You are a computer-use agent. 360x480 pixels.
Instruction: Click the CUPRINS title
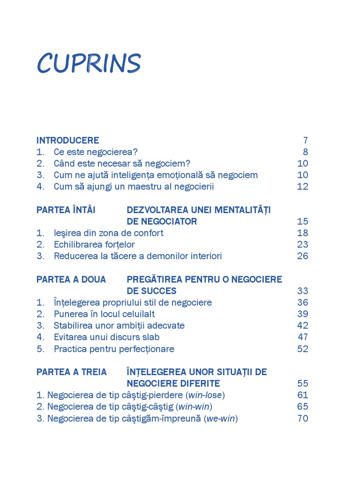click(89, 63)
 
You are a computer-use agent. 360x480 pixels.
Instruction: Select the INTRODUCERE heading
click(67, 140)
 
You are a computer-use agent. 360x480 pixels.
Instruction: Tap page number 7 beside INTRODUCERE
click(305, 140)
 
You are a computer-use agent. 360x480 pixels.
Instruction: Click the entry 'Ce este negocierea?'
click(96, 152)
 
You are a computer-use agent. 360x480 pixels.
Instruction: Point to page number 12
click(303, 187)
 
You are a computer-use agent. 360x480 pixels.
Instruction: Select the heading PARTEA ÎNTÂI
click(66, 210)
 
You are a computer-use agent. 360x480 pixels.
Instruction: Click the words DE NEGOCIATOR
click(162, 221)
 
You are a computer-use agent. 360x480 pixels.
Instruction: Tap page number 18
click(303, 233)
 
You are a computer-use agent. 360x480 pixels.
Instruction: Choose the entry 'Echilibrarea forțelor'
click(94, 244)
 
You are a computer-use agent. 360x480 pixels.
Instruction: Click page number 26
click(303, 256)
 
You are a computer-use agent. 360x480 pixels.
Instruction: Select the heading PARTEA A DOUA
click(71, 279)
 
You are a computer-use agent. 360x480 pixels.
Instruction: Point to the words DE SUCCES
click(151, 291)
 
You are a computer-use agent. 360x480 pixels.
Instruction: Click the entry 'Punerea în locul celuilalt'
click(104, 314)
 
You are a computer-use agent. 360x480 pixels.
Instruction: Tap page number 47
click(303, 337)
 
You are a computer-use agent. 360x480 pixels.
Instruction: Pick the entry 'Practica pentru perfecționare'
click(114, 349)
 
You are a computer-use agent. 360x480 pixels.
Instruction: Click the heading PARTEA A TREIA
click(71, 372)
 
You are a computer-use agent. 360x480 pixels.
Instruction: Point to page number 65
click(303, 406)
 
